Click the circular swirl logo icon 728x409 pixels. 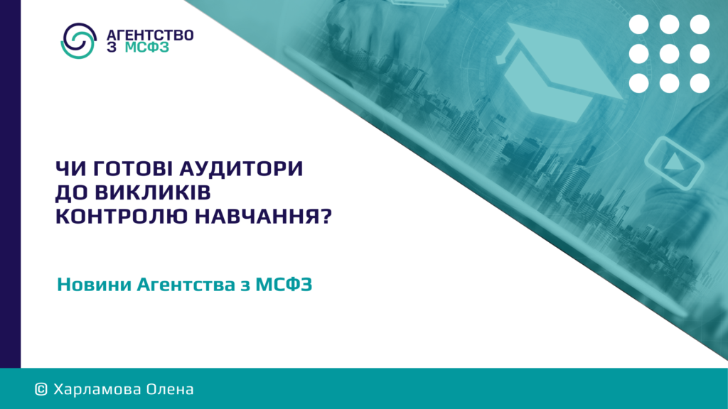click(78, 40)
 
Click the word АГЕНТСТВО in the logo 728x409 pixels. click(150, 36)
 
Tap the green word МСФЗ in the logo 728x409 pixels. click(146, 48)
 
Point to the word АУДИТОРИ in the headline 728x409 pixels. click(242, 168)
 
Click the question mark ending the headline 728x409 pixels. click(326, 217)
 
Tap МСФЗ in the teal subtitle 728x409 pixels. click(284, 284)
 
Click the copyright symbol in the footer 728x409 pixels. click(41, 390)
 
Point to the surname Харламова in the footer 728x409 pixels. click(97, 390)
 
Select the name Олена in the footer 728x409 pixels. click(170, 390)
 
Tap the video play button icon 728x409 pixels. click(674, 163)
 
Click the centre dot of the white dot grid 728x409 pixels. click(669, 54)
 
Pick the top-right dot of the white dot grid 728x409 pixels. click(700, 24)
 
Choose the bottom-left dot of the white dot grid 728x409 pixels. click(639, 84)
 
